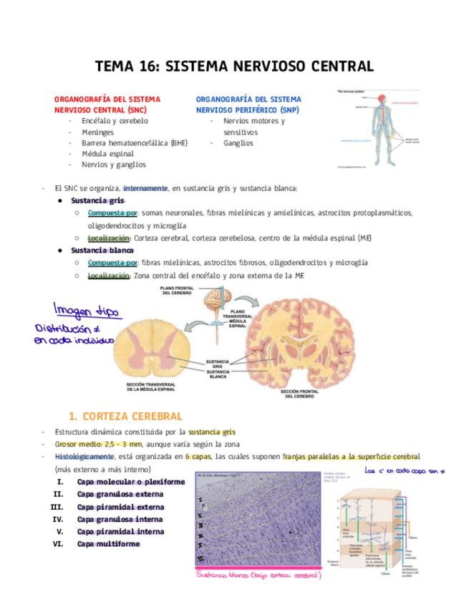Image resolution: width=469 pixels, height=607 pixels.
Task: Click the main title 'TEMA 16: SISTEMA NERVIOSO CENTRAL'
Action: tap(234, 67)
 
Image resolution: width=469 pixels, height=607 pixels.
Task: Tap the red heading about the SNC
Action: tap(107, 105)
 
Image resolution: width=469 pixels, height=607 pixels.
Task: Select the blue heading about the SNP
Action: tap(248, 105)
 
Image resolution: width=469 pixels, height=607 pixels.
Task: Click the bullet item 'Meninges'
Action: tap(97, 132)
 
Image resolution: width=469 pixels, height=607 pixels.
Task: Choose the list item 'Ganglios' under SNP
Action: tap(238, 142)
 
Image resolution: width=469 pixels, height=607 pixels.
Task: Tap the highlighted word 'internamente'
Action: tap(145, 188)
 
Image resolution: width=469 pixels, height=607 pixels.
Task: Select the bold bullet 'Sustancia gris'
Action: tap(97, 200)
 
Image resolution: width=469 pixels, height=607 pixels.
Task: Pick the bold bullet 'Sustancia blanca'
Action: tap(102, 251)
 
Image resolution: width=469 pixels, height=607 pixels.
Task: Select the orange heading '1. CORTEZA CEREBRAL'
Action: tap(125, 416)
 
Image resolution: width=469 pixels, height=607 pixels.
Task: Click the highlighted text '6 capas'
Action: tap(196, 456)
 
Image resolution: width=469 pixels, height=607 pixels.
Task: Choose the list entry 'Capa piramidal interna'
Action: tap(120, 531)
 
